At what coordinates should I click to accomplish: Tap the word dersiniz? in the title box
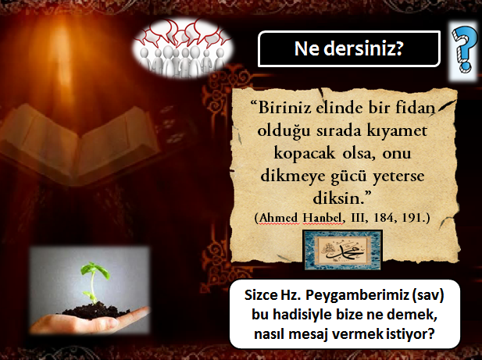pyautogui.click(x=363, y=48)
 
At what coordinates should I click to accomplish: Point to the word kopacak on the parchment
pyautogui.click(x=305, y=153)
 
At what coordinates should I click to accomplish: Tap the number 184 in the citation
pyautogui.click(x=384, y=218)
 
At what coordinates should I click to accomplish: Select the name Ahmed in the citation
pyautogui.click(x=279, y=218)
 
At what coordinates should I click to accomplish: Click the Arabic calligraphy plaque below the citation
pyautogui.click(x=342, y=250)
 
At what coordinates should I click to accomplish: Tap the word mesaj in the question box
pyautogui.click(x=309, y=334)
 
